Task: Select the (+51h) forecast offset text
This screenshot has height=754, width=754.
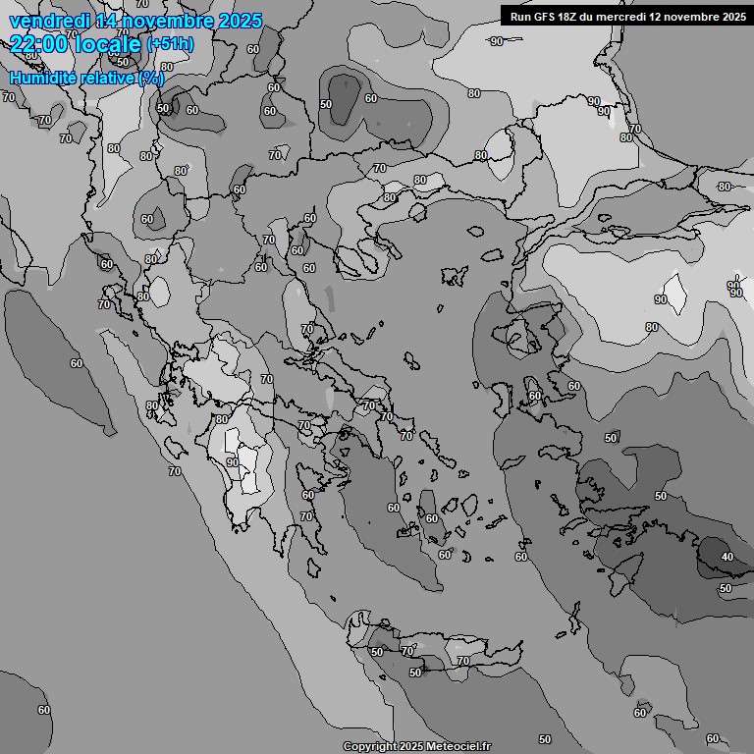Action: [x=170, y=44]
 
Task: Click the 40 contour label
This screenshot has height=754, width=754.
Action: [x=727, y=557]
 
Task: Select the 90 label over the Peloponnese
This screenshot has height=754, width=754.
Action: [x=232, y=461]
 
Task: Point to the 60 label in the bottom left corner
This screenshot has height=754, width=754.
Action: [x=43, y=709]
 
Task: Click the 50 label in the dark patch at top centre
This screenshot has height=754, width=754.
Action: [x=326, y=104]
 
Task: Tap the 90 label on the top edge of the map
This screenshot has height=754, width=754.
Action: [x=497, y=40]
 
